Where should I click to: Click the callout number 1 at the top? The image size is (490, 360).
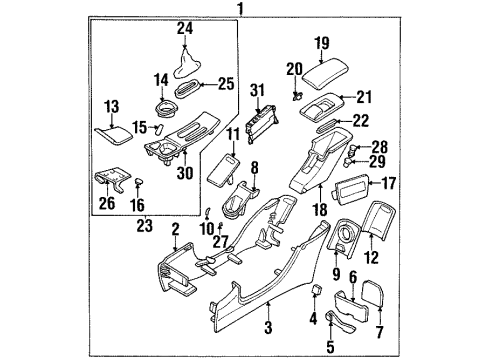(240, 9)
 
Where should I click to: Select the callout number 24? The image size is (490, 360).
(184, 28)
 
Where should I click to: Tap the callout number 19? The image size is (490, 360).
(322, 43)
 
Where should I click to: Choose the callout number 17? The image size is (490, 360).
(387, 182)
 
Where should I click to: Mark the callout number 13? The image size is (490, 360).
(111, 105)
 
